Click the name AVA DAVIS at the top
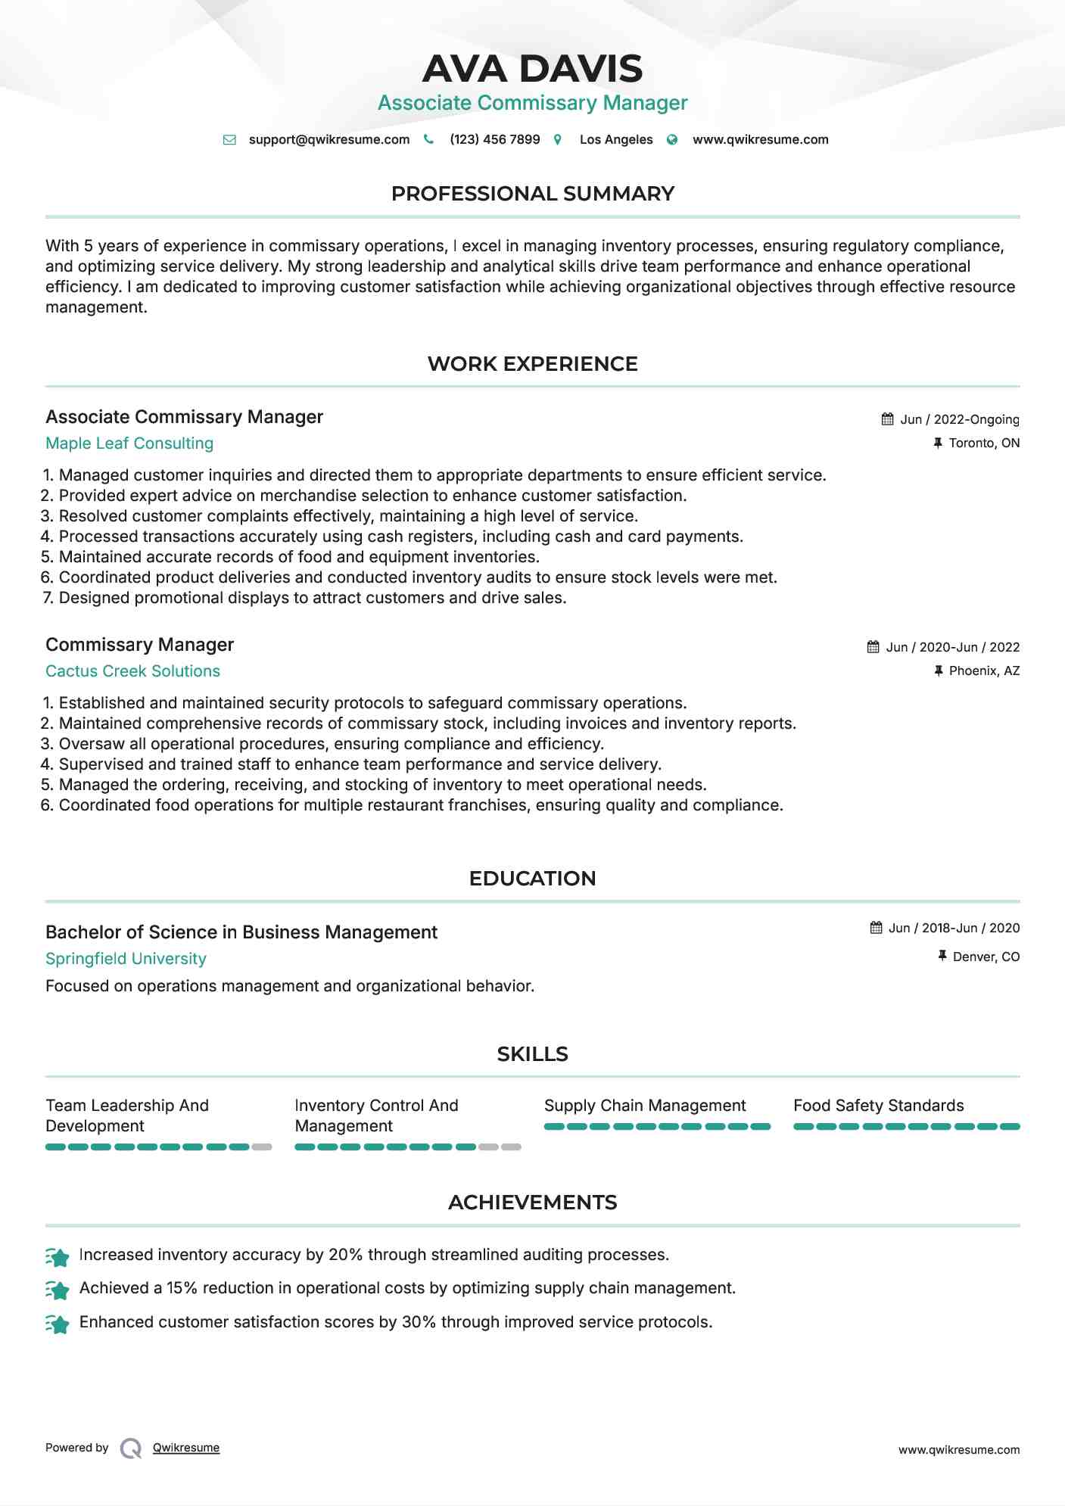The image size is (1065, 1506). [532, 69]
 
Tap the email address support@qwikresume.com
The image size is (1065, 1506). [329, 139]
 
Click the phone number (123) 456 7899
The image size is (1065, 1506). [494, 139]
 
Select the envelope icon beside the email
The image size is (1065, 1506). [229, 139]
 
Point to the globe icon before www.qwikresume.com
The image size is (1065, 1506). [671, 139]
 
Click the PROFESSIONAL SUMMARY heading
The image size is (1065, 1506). [532, 194]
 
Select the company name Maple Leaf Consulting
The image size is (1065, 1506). [129, 443]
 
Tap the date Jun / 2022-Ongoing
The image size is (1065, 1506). [959, 419]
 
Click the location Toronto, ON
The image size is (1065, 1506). [984, 443]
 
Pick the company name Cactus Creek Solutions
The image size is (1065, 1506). [132, 671]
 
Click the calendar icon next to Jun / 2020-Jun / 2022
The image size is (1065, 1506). [873, 647]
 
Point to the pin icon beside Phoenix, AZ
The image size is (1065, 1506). [939, 671]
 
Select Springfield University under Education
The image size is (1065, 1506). [126, 959]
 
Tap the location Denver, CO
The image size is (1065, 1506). [986, 957]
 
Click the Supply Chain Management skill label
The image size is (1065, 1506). [644, 1106]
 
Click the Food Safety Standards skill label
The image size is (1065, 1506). [878, 1106]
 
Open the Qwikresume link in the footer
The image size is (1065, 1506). [186, 1448]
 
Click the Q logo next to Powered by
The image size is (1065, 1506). [131, 1448]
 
